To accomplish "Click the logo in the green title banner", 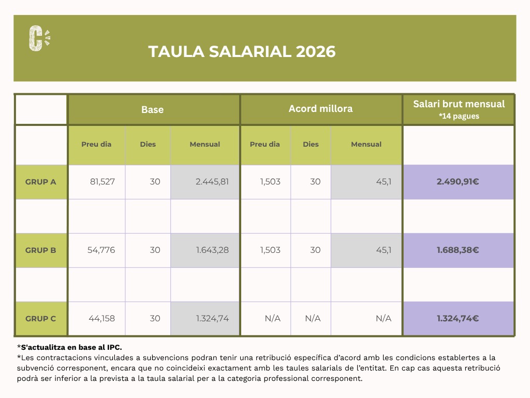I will tap(39, 38).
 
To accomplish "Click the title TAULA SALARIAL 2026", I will tap(242, 52).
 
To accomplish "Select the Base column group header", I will tap(153, 109).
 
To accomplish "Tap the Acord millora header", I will tap(320, 109).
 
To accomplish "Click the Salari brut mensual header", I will tap(459, 104).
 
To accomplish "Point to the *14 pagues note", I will tap(459, 116).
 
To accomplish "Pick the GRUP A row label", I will tap(41, 182).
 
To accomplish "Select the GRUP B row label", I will tap(41, 250).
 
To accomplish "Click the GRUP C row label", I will tap(41, 319).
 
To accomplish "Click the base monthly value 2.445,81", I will tap(212, 182).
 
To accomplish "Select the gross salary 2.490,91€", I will tap(458, 182).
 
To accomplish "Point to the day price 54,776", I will tap(101, 250).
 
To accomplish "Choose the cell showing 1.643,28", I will tap(212, 250).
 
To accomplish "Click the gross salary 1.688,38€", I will tap(458, 250).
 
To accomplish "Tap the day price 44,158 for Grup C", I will tap(102, 319).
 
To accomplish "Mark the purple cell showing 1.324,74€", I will tap(458, 319).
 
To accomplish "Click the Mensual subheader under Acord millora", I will tap(366, 145).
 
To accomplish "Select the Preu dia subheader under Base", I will tap(96, 145).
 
